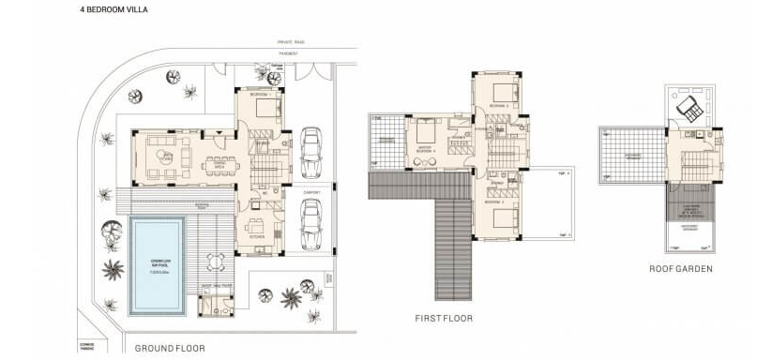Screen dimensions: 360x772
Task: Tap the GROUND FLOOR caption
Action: (170, 348)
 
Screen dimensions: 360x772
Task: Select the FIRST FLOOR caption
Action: (444, 319)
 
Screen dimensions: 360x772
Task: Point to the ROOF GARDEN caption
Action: (680, 269)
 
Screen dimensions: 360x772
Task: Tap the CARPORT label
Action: (311, 193)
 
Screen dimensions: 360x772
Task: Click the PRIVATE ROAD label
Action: (292, 42)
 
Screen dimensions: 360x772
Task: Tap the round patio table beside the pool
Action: (217, 261)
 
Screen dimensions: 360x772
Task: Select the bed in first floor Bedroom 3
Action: (504, 223)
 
